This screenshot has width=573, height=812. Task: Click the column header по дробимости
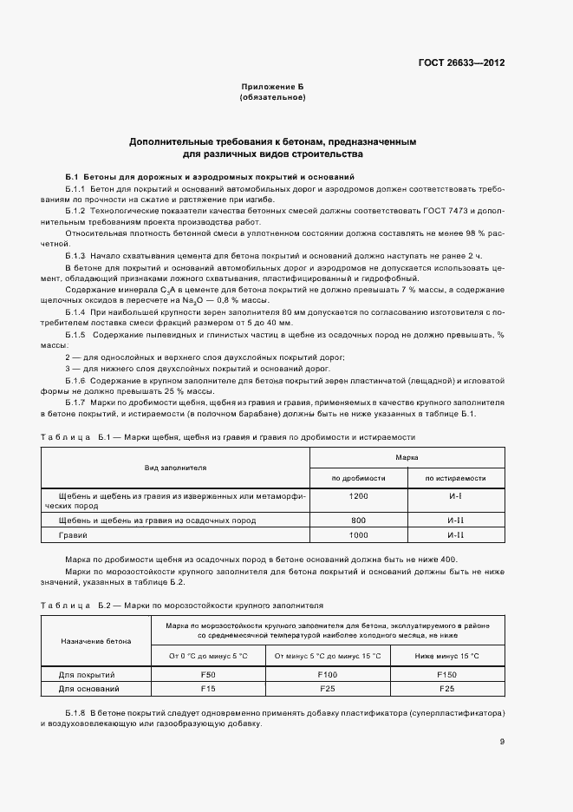[358, 478]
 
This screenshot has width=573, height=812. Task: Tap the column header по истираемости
[454, 478]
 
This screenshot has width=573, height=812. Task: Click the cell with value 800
[358, 520]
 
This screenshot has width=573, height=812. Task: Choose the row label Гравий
[73, 536]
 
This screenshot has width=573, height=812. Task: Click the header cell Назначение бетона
[96, 641]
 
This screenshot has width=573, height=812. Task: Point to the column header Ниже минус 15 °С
[446, 655]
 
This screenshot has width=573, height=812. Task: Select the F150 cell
[446, 674]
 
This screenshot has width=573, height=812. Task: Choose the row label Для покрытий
[87, 674]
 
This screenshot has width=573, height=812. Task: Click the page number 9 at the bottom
[502, 742]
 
